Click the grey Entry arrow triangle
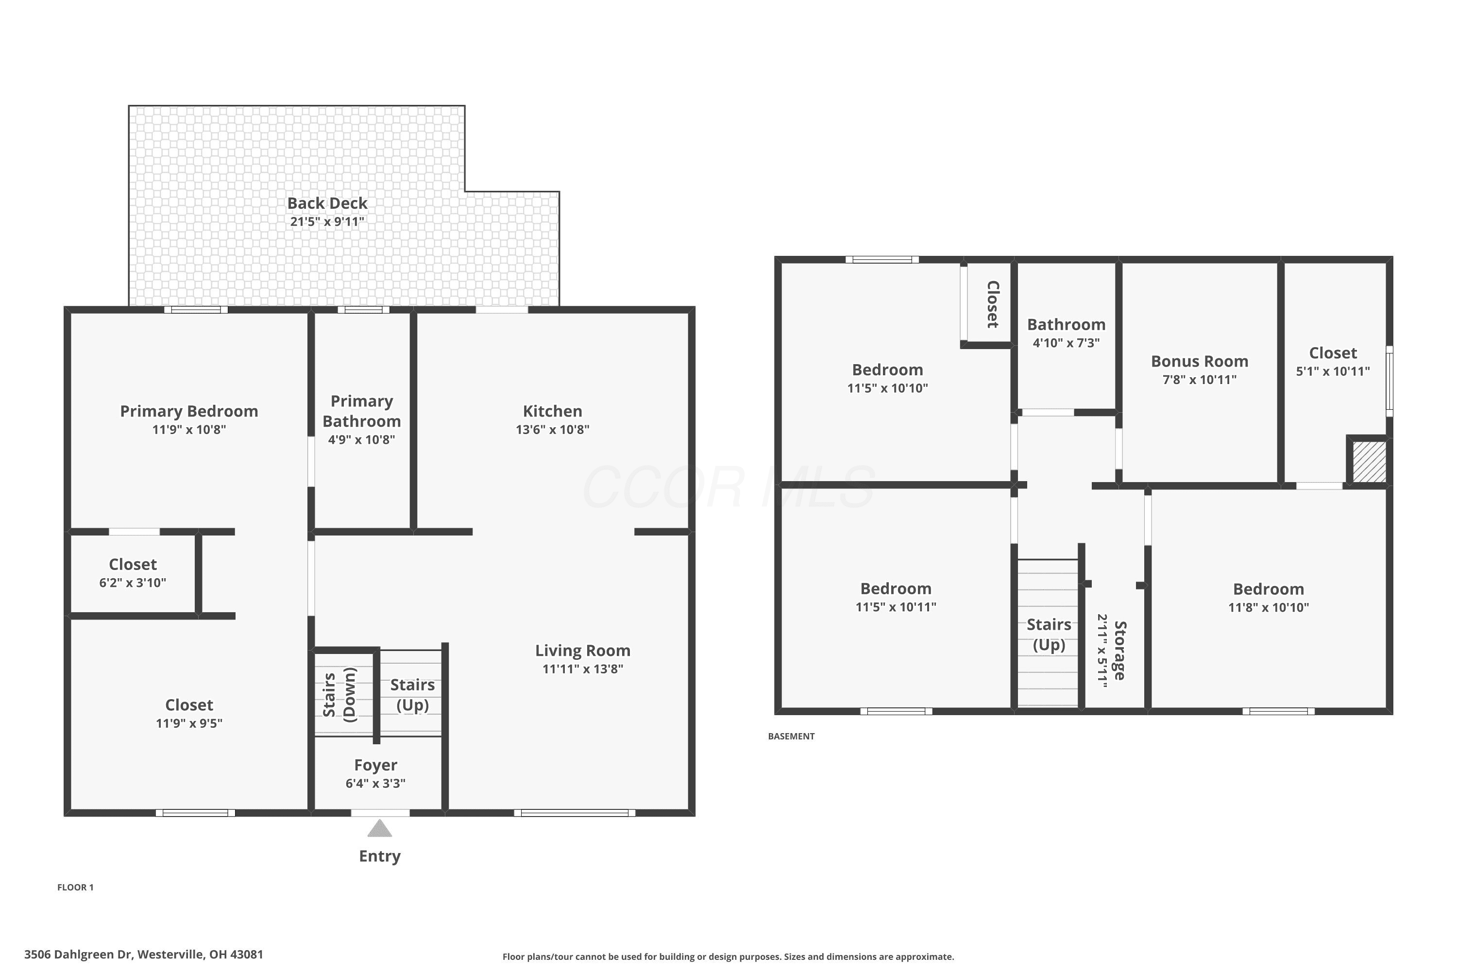tap(380, 829)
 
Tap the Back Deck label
tap(327, 203)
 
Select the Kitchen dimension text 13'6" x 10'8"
tap(553, 429)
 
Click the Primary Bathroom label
tap(362, 411)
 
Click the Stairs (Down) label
tap(339, 695)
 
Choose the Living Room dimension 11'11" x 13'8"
tap(583, 669)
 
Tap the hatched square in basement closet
tap(1369, 461)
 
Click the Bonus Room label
tap(1199, 361)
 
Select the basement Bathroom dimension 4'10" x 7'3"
tap(1066, 342)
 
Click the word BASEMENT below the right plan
tap(791, 737)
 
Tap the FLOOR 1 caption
tap(76, 887)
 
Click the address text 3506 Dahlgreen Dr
tap(79, 954)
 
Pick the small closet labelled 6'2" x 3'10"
tap(133, 573)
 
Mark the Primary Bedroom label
tap(189, 411)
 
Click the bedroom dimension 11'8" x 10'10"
tap(1269, 607)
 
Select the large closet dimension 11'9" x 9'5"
tap(189, 723)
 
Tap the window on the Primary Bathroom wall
tap(364, 310)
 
